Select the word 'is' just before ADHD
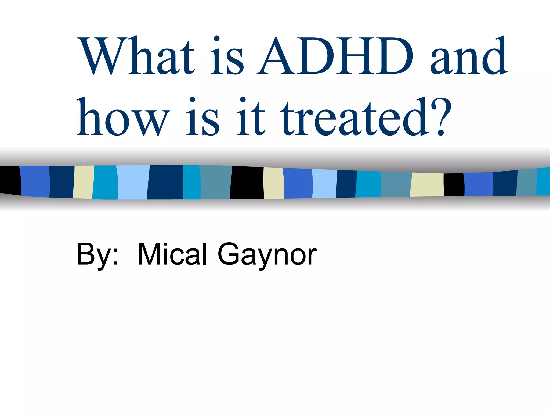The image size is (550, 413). point(227,56)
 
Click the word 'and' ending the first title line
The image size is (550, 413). point(469,56)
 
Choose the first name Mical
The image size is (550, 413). point(172,254)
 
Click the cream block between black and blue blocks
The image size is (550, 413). point(274,183)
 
